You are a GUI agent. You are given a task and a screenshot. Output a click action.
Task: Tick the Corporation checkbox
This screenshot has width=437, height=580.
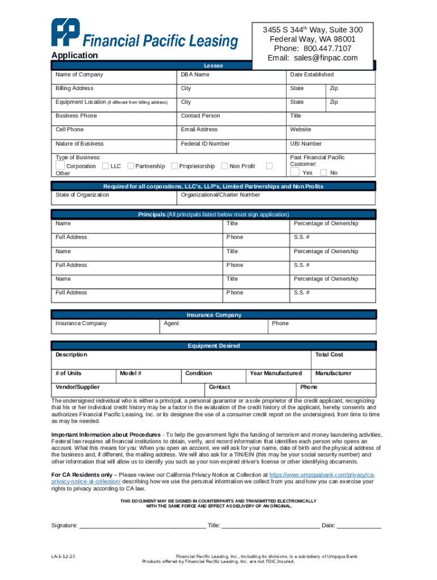click(60, 165)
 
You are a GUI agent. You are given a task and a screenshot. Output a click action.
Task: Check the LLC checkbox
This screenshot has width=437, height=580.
click(106, 166)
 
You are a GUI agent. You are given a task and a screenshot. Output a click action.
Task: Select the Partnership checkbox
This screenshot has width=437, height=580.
click(131, 166)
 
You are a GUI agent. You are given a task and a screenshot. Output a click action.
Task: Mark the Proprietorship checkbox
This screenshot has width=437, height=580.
click(174, 165)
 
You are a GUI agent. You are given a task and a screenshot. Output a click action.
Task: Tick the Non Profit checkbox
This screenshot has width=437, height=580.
click(225, 166)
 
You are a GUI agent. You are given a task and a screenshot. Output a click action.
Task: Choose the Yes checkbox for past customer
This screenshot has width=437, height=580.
click(295, 172)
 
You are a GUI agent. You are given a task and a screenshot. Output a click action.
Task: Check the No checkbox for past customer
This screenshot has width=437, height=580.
click(323, 172)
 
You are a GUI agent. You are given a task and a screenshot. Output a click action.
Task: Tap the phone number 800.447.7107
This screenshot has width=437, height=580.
click(327, 49)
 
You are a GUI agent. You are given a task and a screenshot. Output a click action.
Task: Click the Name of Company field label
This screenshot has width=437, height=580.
click(79, 75)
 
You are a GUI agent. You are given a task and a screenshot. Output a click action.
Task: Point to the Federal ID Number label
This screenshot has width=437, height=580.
click(205, 144)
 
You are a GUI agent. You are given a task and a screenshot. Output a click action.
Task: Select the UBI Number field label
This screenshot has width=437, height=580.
click(305, 144)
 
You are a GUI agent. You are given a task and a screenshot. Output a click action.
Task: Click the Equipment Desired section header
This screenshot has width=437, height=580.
click(213, 346)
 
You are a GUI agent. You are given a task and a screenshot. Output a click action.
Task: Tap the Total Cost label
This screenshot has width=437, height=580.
click(329, 355)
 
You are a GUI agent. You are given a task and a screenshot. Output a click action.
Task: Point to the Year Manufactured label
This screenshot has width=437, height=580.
click(276, 373)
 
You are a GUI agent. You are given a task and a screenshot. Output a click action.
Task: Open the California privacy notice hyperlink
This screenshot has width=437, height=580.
click(321, 475)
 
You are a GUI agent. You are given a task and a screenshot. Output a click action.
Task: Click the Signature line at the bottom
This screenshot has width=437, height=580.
click(142, 526)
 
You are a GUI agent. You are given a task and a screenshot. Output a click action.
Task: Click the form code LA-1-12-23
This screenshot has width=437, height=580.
click(63, 557)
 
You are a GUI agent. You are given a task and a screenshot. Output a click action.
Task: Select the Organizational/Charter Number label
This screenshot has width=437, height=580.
click(220, 195)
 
